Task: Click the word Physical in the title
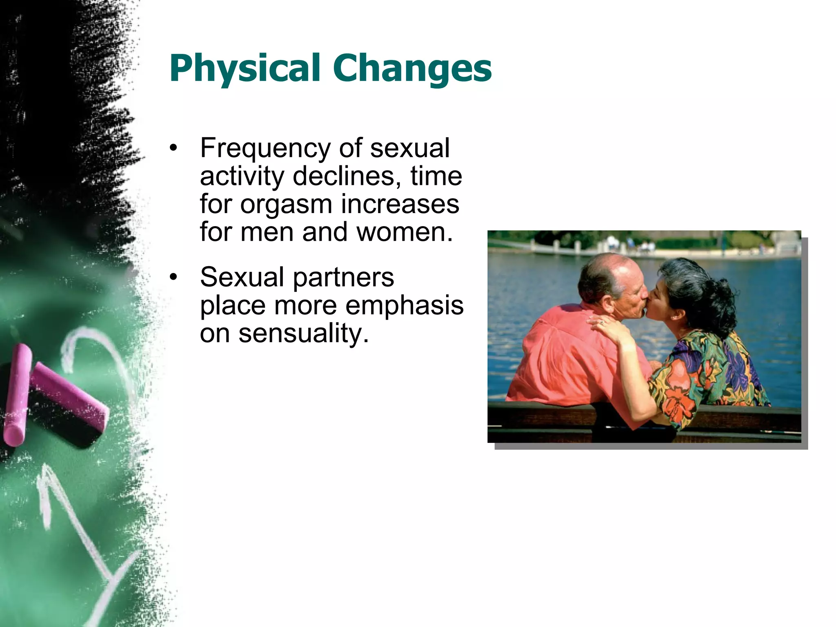pyautogui.click(x=244, y=69)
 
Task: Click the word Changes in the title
pyautogui.click(x=412, y=69)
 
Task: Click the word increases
pyautogui.click(x=400, y=204)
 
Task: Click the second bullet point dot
pyautogui.click(x=174, y=277)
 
